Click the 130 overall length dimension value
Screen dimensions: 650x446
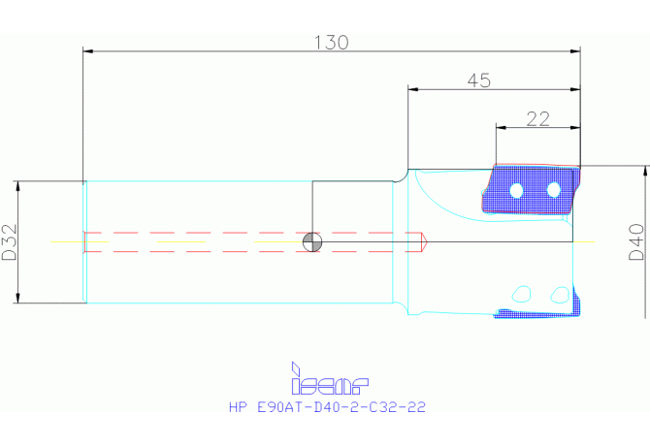[331, 43]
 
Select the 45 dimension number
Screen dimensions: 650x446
[479, 80]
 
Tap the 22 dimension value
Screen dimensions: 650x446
[538, 119]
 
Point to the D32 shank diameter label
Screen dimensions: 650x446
[10, 242]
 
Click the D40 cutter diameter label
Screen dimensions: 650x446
[636, 241]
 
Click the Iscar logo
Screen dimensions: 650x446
[330, 378]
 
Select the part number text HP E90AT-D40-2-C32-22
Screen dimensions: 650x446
[327, 407]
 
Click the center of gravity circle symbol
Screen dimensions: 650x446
[312, 241]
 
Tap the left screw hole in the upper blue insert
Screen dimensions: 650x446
[516, 191]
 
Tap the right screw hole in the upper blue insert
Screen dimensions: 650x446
[554, 190]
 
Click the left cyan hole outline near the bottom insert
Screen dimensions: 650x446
[522, 294]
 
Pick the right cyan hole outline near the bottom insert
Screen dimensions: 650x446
[560, 295]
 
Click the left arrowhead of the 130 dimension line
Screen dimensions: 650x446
[88, 51]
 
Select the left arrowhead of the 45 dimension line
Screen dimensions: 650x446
[413, 89]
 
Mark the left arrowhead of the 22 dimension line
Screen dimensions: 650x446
[501, 128]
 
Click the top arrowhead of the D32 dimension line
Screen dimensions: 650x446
[17, 186]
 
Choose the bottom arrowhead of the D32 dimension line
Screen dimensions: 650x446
[17, 298]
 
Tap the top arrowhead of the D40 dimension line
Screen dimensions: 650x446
[645, 171]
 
